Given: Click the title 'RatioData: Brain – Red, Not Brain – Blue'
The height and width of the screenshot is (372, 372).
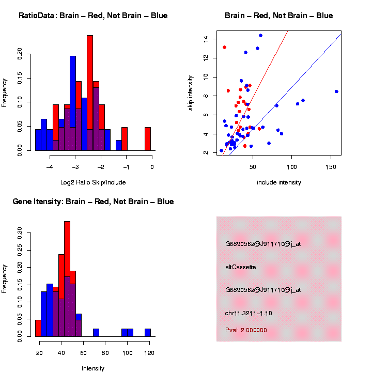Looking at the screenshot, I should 93,16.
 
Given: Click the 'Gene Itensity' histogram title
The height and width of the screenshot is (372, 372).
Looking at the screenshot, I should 93,202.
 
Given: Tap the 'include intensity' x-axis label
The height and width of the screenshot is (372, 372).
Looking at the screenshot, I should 279,182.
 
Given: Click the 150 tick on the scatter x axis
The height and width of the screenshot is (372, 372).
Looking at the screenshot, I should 331,167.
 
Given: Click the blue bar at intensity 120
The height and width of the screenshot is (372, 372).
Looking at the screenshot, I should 148,333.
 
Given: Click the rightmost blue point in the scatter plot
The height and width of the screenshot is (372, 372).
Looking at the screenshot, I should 336,91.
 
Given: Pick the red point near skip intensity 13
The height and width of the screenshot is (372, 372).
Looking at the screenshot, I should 224,47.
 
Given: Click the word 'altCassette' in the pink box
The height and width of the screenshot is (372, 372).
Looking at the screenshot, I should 241,267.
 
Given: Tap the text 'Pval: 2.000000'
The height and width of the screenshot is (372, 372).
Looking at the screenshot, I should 246,330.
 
